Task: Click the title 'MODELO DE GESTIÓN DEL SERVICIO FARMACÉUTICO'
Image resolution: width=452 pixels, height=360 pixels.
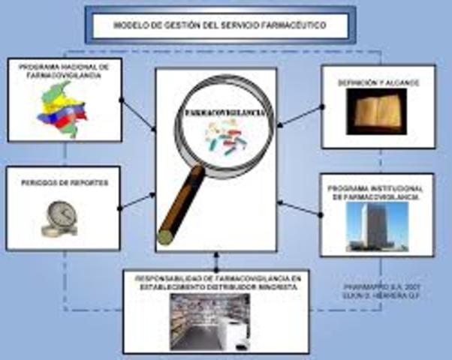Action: click(220, 25)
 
